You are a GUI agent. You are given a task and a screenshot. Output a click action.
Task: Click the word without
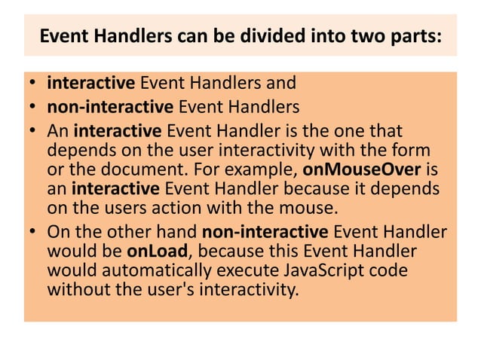(75, 287)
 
